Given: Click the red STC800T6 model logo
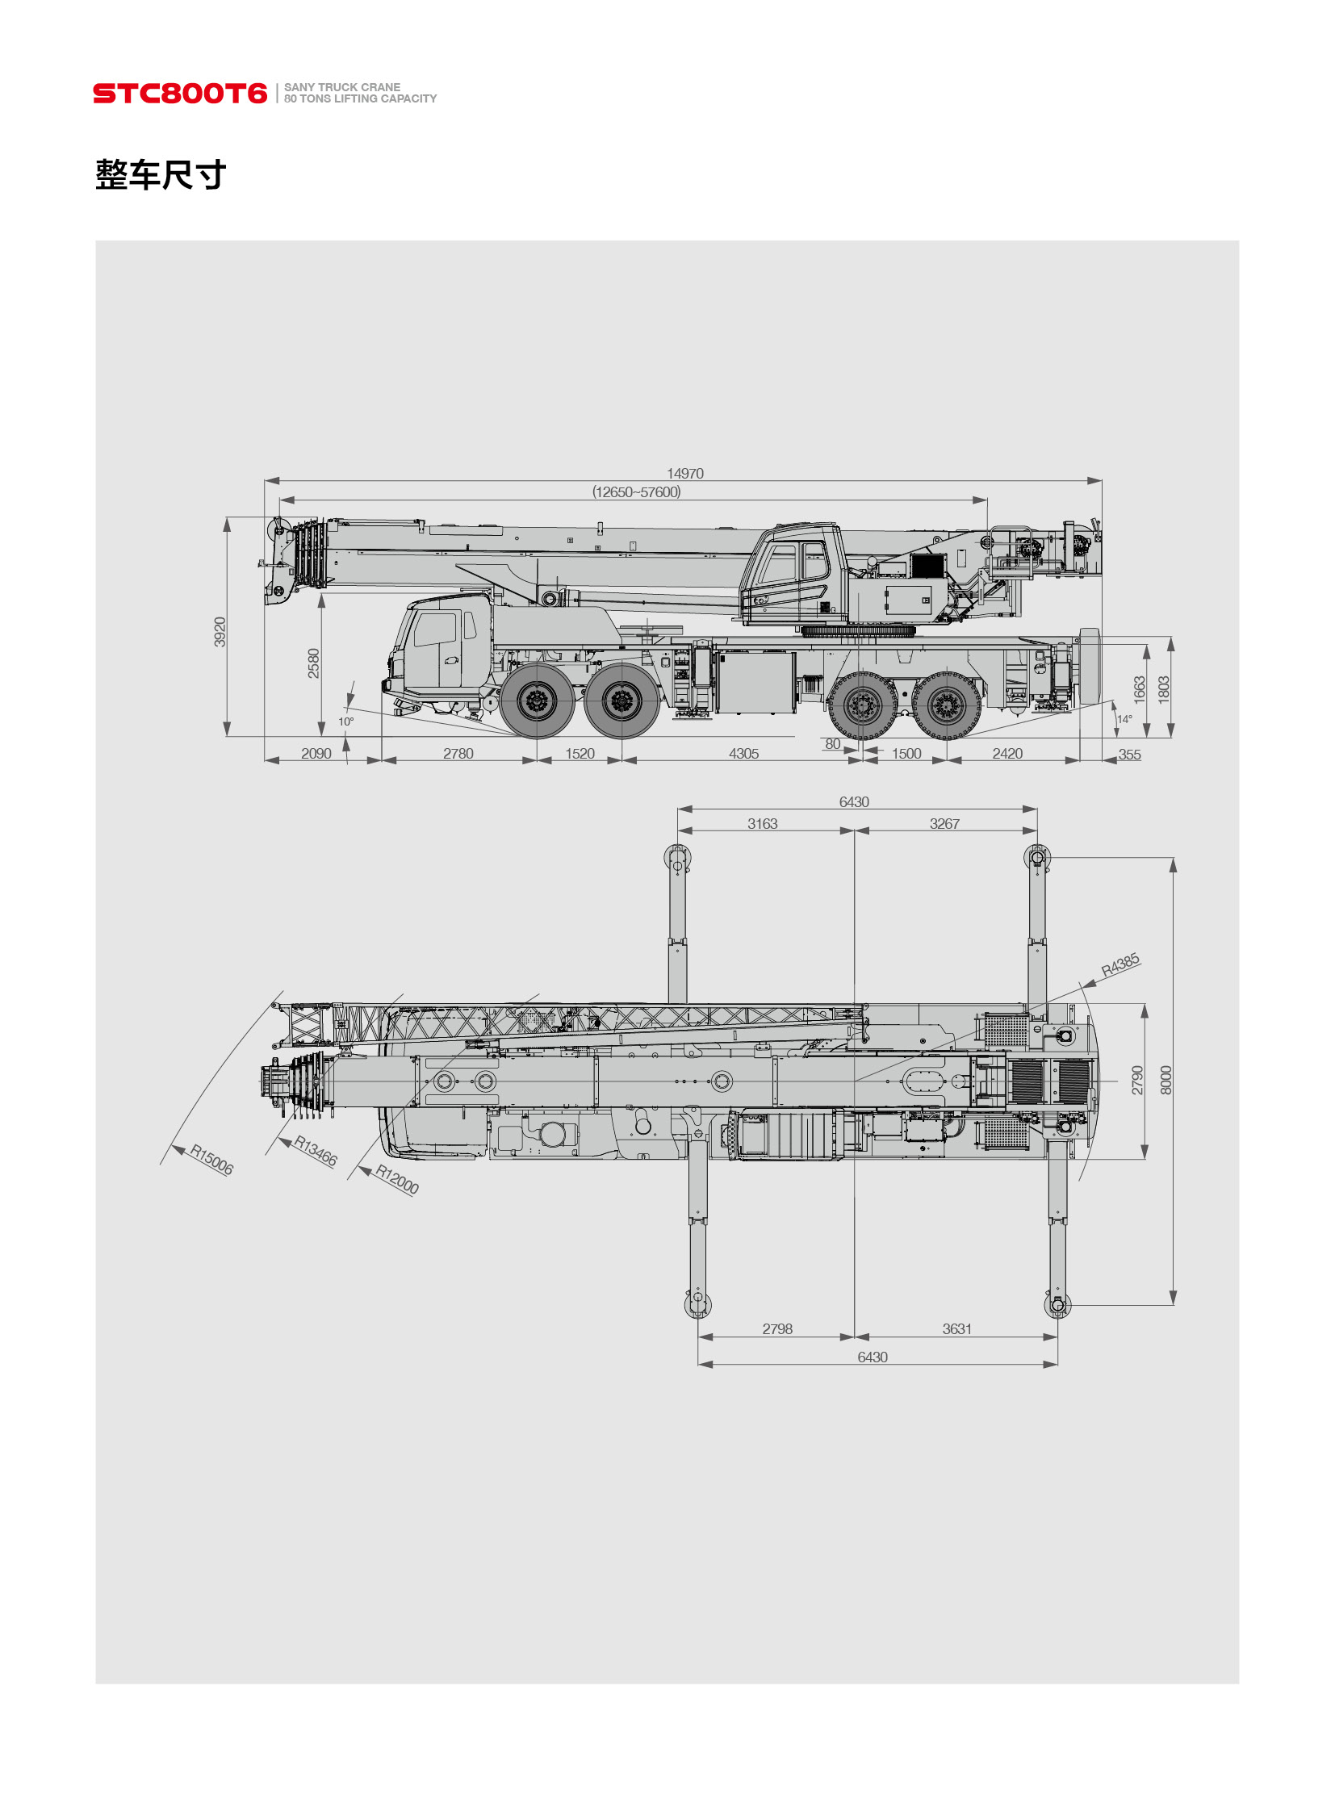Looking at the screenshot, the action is click(x=179, y=93).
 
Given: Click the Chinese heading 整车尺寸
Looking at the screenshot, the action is click(x=161, y=174).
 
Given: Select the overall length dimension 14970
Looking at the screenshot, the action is click(x=684, y=473).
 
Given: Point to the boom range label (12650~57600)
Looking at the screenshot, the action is click(x=636, y=491).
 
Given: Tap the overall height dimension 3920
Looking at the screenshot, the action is click(x=220, y=631).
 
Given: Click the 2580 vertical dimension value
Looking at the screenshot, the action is click(x=313, y=663).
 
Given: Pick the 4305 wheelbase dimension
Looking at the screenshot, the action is click(x=743, y=753).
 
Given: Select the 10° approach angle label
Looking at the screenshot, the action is click(x=346, y=721).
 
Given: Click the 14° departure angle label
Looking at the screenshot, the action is click(x=1124, y=718).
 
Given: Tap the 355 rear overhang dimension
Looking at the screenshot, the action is click(x=1129, y=754).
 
